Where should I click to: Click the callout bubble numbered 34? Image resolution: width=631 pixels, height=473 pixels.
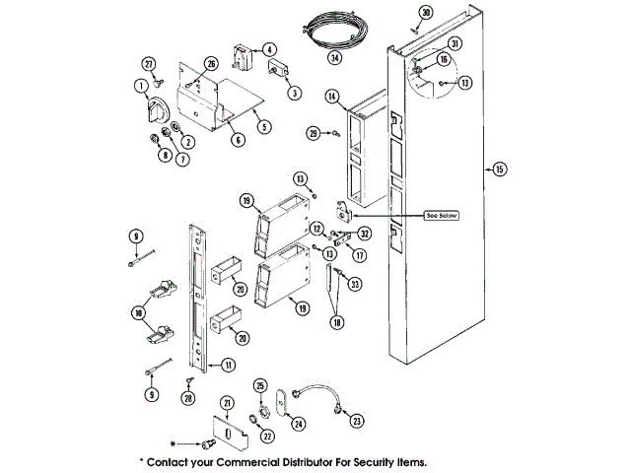[336, 58]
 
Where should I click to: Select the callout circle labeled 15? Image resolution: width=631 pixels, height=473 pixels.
[499, 170]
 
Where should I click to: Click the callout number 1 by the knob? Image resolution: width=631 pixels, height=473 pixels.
[140, 86]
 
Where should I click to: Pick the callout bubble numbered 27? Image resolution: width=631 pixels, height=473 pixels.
[150, 65]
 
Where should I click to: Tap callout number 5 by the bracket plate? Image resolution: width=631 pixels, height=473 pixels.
[262, 126]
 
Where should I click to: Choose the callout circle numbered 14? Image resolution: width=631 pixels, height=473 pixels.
[333, 97]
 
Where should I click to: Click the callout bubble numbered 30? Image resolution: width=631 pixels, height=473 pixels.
[426, 12]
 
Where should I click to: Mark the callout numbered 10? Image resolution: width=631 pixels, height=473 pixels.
[138, 312]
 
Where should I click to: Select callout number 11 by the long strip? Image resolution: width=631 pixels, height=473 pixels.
[228, 365]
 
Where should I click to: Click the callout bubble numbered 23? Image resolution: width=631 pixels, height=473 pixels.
[356, 420]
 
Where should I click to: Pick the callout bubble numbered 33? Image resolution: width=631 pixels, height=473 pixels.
[355, 285]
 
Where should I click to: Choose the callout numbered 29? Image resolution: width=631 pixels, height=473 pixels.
[313, 133]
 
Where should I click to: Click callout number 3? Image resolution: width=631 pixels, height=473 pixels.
[295, 94]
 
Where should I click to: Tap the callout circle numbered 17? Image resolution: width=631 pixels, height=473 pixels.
[360, 253]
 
